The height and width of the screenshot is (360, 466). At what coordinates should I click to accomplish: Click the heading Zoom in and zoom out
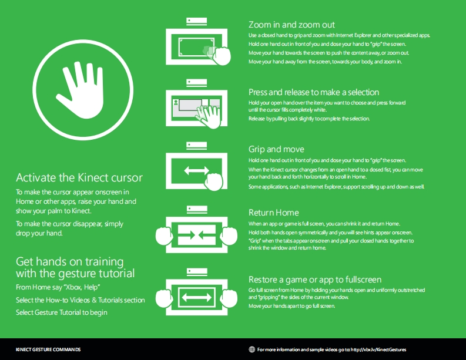[291, 25]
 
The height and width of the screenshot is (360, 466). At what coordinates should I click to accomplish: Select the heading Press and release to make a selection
[314, 92]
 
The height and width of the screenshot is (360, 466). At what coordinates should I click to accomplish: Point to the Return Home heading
[274, 213]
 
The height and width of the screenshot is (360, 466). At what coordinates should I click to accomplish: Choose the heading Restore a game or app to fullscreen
[315, 280]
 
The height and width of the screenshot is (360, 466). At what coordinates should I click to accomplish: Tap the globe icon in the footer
[252, 349]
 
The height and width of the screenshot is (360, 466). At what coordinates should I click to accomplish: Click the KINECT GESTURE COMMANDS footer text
[48, 349]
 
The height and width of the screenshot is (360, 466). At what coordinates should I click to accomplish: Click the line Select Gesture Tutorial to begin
[62, 312]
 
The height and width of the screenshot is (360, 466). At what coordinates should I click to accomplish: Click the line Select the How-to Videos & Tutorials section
[80, 300]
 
